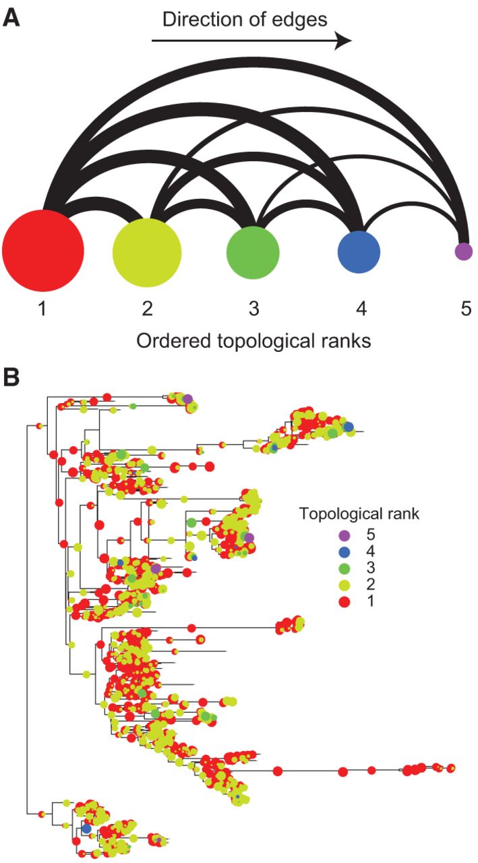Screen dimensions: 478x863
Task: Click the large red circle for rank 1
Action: click(x=42, y=250)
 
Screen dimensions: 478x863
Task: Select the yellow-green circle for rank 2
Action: click(x=147, y=253)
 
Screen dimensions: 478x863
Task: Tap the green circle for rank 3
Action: click(x=253, y=252)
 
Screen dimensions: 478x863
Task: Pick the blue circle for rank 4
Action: click(x=359, y=252)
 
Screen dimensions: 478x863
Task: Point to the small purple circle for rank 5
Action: click(x=464, y=251)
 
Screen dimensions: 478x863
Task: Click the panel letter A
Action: click(x=11, y=18)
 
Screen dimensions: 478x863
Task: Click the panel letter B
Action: click(x=11, y=378)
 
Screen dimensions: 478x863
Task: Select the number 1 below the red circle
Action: click(x=42, y=309)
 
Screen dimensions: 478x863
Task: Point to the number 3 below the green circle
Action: click(x=253, y=309)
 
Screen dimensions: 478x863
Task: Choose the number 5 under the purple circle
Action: click(x=466, y=309)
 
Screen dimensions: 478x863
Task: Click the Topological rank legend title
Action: click(x=359, y=514)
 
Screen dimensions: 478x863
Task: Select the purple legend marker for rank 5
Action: click(x=345, y=535)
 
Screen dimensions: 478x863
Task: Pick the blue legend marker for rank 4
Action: click(x=345, y=552)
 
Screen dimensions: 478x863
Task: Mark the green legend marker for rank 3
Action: click(x=345, y=568)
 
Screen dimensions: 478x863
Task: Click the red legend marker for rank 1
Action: click(x=345, y=601)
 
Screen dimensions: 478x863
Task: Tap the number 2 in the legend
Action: click(x=371, y=585)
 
